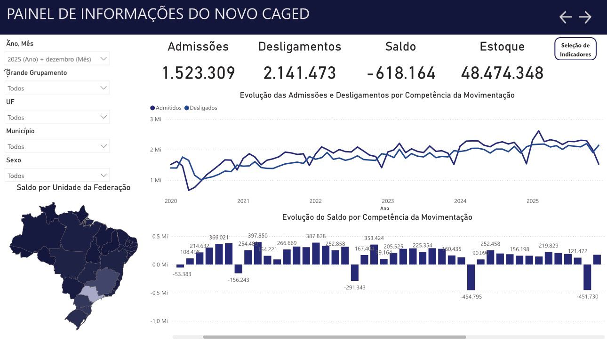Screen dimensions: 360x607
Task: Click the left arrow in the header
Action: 565,17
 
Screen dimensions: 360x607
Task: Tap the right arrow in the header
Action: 585,17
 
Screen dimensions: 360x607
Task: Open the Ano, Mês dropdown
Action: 57,59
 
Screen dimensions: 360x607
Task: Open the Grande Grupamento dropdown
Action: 57,88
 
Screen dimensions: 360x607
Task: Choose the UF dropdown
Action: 57,117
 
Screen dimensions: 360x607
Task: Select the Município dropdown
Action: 57,146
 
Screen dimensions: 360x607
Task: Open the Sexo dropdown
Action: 57,176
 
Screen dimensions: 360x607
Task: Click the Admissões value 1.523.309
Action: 198,73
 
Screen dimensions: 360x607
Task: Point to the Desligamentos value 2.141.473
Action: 300,73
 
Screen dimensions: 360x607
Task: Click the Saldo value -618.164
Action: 401,73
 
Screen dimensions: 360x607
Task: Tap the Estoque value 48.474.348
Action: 502,73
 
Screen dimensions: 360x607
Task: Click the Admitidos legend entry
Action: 166,108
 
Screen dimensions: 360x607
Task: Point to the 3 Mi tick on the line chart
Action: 155,119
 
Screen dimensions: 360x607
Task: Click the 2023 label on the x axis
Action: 388,201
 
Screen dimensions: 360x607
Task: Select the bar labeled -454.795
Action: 471,277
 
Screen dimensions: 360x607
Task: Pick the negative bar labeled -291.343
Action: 355,272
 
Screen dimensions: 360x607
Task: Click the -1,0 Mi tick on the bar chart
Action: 159,321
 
